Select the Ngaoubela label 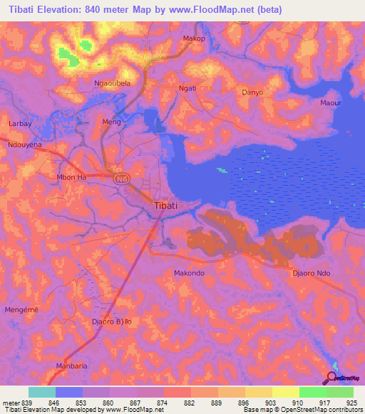(112, 83)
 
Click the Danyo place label (252, 92)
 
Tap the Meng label (112, 122)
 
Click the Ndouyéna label (26, 144)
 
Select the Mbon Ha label (71, 176)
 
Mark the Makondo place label (190, 272)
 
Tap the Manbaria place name (71, 366)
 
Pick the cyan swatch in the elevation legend (42, 391)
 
